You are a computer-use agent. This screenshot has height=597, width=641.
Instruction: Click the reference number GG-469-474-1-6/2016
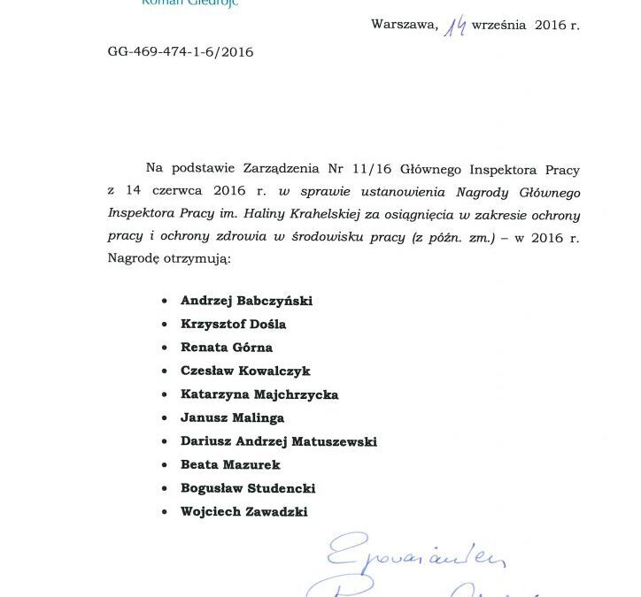180,52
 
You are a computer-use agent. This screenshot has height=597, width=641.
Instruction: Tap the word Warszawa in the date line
404,25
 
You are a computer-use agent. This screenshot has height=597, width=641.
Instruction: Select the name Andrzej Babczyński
246,301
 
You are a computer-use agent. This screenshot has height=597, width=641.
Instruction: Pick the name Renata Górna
226,348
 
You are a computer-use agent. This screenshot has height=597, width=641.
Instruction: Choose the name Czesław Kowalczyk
245,371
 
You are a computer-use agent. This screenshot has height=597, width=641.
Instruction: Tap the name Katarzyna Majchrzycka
259,394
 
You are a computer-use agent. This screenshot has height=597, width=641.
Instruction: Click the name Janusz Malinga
232,417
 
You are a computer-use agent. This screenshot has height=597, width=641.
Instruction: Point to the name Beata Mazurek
229,464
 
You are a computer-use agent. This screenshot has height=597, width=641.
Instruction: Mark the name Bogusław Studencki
248,488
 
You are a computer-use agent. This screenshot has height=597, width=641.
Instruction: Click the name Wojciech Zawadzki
244,511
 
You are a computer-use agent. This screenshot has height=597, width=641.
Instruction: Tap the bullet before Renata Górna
165,348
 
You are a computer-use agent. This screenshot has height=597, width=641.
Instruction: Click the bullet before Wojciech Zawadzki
165,511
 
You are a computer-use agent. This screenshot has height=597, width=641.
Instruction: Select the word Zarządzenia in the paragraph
279,168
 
